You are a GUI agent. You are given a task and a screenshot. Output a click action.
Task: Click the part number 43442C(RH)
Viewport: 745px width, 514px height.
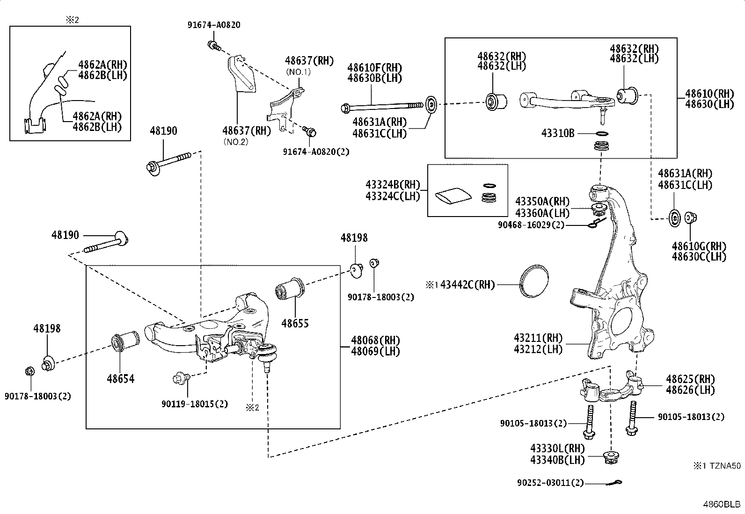467,284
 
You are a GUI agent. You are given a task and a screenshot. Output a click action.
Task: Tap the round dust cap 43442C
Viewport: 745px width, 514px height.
534,280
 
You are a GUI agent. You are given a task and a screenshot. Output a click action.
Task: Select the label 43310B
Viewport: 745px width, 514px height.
557,133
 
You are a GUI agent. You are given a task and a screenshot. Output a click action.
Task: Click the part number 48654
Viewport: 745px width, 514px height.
120,379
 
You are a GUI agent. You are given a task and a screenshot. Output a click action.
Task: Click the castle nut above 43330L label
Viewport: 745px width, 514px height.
610,457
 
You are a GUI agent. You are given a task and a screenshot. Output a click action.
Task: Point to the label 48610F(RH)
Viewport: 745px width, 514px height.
374,68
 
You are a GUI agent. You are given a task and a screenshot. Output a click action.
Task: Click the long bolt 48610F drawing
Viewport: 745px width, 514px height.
379,107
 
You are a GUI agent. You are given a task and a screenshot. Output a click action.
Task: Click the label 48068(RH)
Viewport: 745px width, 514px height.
376,340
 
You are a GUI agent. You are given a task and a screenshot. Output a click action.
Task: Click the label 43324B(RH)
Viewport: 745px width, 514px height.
393,185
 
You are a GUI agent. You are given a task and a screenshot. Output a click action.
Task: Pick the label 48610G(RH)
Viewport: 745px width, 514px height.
699,246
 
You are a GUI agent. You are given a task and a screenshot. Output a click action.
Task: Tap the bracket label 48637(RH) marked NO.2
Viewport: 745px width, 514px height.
247,131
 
